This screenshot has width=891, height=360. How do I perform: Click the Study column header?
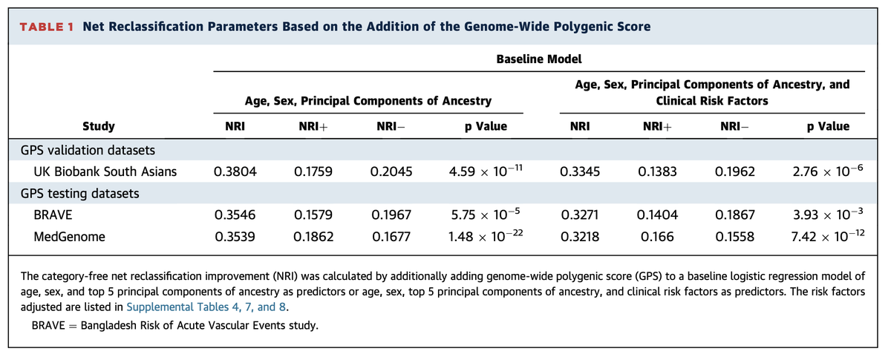click(99, 126)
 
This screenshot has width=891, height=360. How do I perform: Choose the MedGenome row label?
click(66, 238)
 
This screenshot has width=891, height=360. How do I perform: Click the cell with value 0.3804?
click(231, 173)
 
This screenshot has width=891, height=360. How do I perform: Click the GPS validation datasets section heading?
click(85, 151)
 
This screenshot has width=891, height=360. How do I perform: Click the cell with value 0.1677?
click(391, 238)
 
